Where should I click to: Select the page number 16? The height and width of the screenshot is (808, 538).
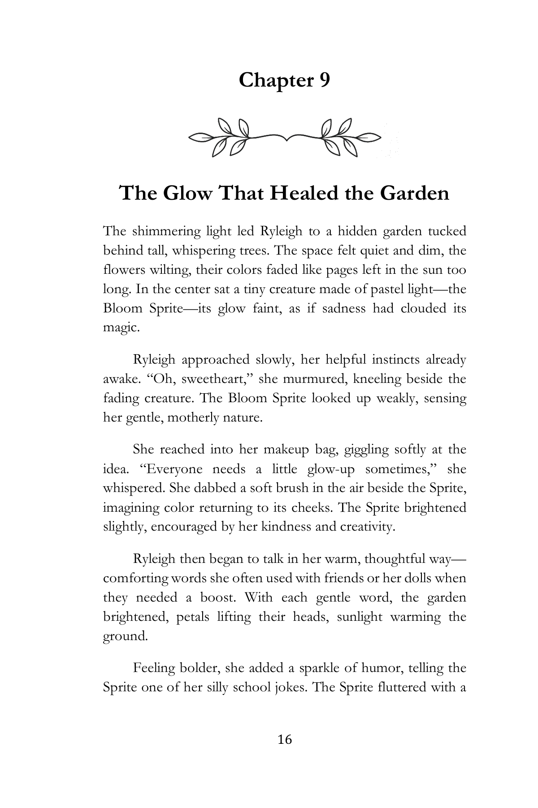tap(285, 739)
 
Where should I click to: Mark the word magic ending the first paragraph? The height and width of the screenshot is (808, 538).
tap(120, 328)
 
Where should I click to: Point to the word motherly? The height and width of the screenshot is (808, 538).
tap(191, 418)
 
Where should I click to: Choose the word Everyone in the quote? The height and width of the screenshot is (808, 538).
tap(171, 469)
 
